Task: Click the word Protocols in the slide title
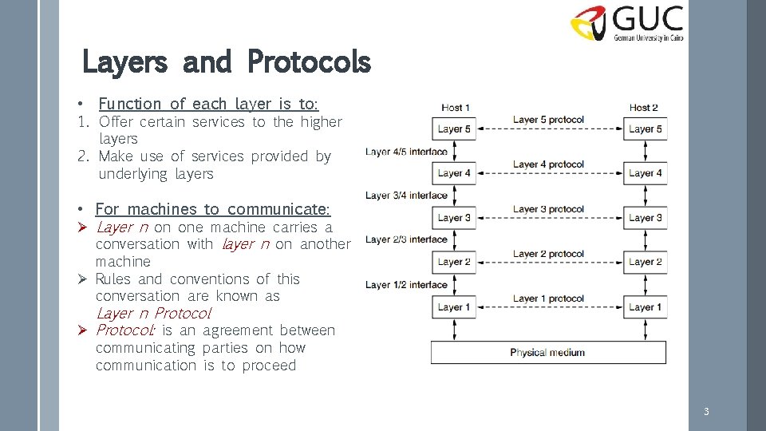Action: click(309, 61)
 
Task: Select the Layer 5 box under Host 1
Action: click(454, 129)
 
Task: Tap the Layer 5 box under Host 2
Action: click(645, 129)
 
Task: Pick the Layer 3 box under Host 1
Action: click(454, 217)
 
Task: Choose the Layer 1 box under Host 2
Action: click(645, 306)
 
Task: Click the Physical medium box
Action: click(548, 352)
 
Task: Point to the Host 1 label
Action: click(455, 108)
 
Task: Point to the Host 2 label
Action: click(643, 108)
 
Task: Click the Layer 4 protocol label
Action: click(548, 164)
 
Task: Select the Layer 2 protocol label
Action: click(548, 254)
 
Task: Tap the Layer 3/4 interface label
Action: click(406, 195)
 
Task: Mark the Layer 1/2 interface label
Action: click(406, 285)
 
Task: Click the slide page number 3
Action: click(705, 412)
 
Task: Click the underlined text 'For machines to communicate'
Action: click(211, 209)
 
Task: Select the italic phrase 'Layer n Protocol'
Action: click(153, 313)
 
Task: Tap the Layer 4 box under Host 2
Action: click(645, 172)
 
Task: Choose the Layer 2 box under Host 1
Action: click(454, 262)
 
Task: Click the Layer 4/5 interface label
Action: click(406, 151)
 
